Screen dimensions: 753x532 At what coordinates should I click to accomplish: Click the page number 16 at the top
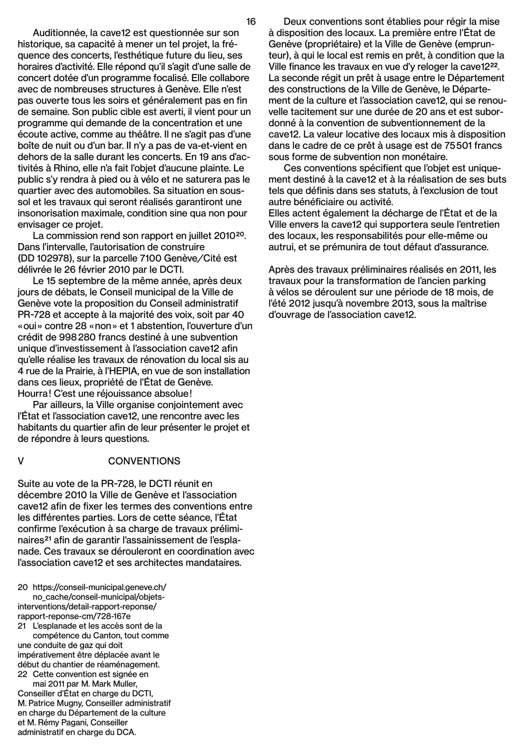point(251,21)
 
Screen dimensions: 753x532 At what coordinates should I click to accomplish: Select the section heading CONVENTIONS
point(144,461)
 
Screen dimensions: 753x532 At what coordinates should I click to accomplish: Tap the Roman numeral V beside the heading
point(21,461)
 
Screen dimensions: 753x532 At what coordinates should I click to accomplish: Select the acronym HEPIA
point(125,371)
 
